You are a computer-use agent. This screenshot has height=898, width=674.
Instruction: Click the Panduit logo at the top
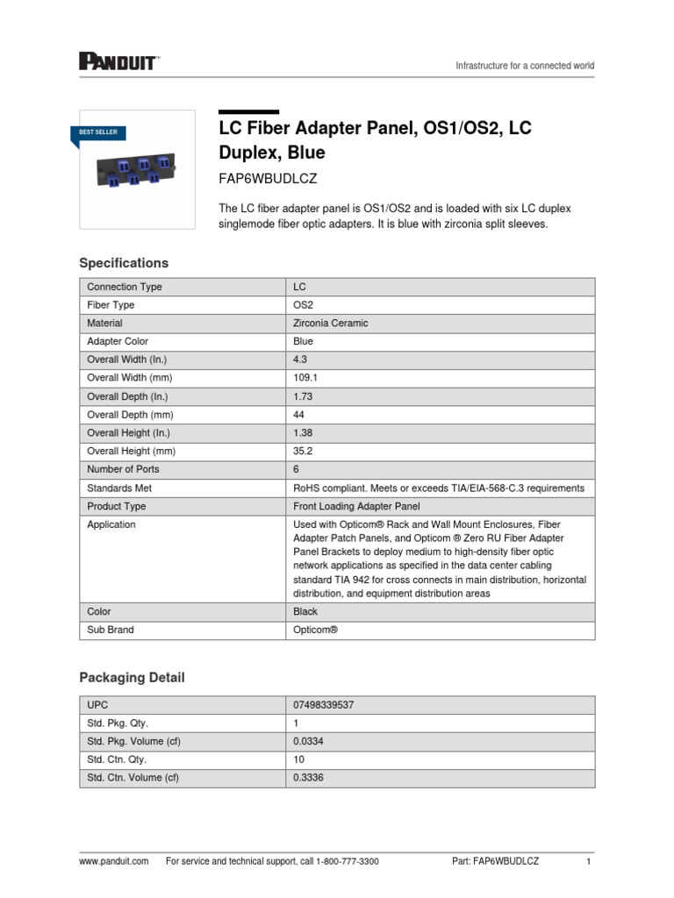point(118,61)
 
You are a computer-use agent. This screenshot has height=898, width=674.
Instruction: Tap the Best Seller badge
point(97,132)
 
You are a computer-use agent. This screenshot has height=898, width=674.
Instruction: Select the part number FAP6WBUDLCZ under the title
point(267,178)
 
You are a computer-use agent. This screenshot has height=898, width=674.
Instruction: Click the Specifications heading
point(124,263)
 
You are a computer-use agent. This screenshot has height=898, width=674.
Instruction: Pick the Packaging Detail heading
point(132,678)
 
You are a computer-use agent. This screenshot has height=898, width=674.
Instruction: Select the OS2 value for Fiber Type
point(303,305)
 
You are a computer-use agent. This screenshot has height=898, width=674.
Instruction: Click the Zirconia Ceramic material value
point(331,323)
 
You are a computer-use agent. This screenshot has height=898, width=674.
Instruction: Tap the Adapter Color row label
point(118,341)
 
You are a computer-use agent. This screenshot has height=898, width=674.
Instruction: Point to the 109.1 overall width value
point(306,378)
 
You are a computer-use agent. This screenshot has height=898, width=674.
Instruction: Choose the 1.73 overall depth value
point(303,396)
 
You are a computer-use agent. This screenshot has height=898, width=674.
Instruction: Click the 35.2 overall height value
point(304,451)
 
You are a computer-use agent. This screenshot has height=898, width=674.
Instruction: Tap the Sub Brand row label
point(111,630)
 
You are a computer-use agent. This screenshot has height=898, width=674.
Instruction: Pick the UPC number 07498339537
point(324,705)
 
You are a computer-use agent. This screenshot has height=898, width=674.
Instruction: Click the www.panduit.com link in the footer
point(113,862)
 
